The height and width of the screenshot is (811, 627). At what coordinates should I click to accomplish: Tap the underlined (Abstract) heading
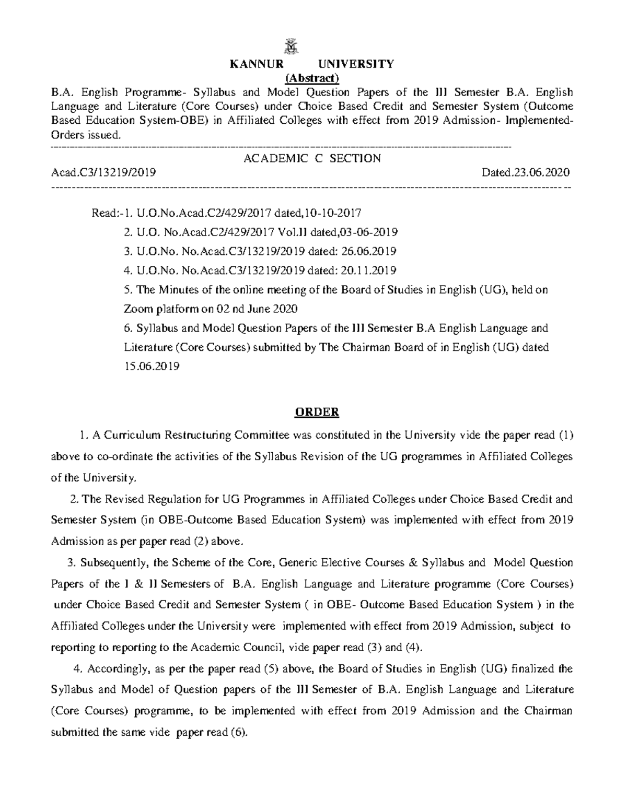[312, 78]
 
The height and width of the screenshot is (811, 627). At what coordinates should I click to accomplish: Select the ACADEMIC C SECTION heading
[312, 158]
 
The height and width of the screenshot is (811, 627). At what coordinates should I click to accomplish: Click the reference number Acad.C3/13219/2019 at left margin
[103, 172]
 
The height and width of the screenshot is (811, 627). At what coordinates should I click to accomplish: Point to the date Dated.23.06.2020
[526, 172]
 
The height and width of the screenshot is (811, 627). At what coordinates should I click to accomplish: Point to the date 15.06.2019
[152, 367]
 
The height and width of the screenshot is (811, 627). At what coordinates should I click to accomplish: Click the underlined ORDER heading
[317, 413]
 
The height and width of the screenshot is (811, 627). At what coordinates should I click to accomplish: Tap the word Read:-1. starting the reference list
[111, 213]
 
